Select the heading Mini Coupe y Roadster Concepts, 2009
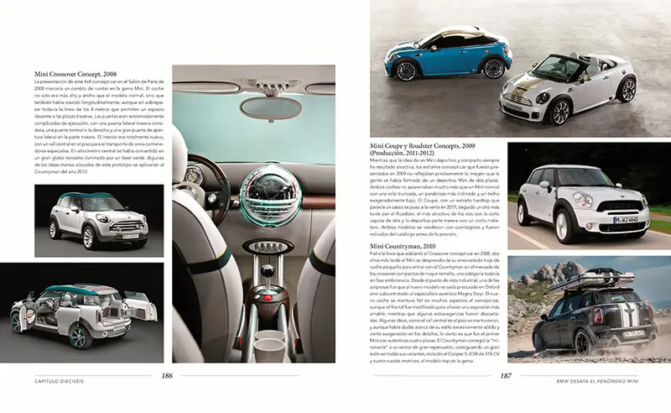[428, 145]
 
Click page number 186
[167, 375]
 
